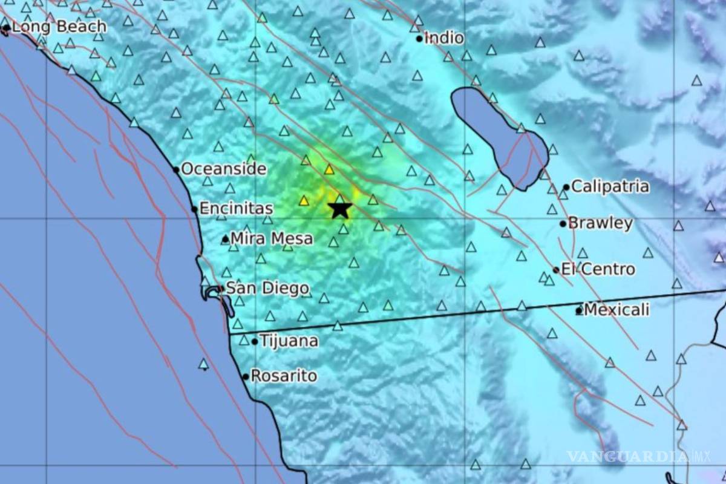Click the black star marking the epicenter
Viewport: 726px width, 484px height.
pos(340,209)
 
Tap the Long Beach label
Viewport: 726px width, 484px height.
pos(59,27)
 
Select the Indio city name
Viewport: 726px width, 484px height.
pos(444,38)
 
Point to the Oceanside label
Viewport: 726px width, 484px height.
pos(223,169)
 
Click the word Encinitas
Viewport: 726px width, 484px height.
pos(236,209)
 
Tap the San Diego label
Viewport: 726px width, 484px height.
pos(267,289)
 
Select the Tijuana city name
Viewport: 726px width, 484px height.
pos(289,341)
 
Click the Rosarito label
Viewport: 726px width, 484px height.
pos(283,376)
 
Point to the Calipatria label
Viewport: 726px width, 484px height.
pos(610,186)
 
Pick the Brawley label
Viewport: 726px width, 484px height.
pos(600,223)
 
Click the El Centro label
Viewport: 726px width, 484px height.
pos(598,269)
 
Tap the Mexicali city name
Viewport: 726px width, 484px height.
pos(616,310)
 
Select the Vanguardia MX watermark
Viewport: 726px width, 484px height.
pos(638,456)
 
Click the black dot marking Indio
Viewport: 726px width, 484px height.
pos(419,39)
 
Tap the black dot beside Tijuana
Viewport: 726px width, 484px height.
pos(255,342)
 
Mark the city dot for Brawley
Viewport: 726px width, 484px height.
pos(563,224)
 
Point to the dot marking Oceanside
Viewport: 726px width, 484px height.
pos(176,169)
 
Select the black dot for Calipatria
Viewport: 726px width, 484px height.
pos(566,188)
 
